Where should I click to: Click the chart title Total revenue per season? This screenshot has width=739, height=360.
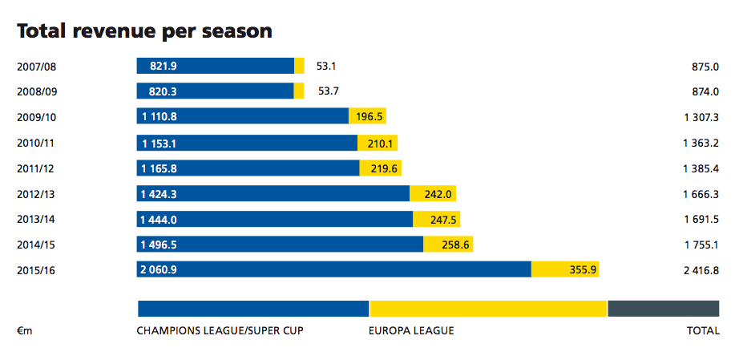tap(144, 31)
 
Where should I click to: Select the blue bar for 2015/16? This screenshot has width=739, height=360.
tap(333, 269)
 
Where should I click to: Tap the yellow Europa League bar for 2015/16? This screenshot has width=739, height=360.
tap(565, 269)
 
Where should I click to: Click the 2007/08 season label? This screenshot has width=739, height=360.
tap(37, 66)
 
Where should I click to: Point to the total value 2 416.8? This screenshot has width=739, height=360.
tap(701, 270)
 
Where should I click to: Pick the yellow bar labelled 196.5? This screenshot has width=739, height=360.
tap(368, 116)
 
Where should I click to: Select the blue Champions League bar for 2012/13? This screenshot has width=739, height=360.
tap(273, 193)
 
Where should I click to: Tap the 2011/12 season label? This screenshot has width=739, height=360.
tap(37, 168)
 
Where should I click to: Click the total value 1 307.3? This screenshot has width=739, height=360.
tap(701, 117)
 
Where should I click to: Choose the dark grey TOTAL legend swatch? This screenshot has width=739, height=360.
tap(663, 309)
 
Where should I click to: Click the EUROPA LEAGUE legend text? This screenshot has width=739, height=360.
tap(411, 330)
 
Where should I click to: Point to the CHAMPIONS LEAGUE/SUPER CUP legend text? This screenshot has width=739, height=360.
tap(220, 330)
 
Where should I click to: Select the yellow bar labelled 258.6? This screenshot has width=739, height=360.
tap(448, 244)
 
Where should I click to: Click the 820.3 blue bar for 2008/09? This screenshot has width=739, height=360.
tap(215, 91)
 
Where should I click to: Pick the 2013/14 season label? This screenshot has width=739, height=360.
tap(37, 219)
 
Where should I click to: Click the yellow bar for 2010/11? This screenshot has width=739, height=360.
tap(378, 143)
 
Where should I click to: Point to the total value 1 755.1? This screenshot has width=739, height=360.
tap(701, 245)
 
